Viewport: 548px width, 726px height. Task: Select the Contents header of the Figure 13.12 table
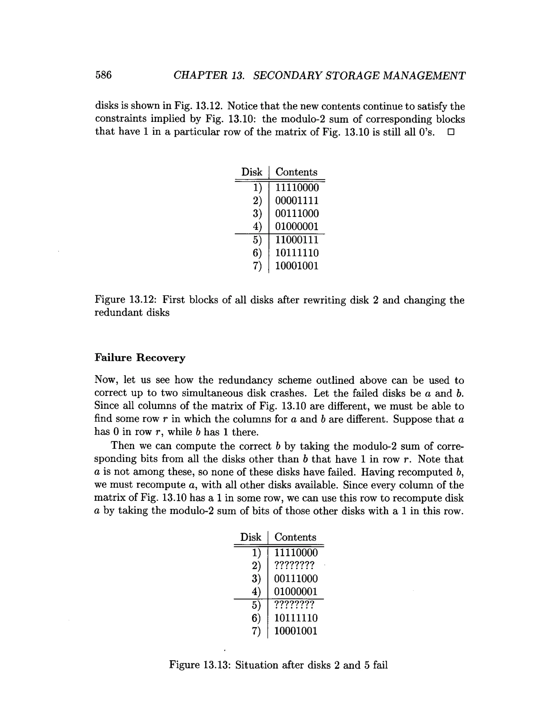pyautogui.click(x=296, y=172)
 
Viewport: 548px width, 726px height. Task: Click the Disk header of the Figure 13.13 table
pyautogui.click(x=251, y=537)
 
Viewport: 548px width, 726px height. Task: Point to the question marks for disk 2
pyautogui.click(x=294, y=565)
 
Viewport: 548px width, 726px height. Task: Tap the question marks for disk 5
pyautogui.click(x=294, y=605)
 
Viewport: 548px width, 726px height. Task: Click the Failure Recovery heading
pyautogui.click(x=140, y=358)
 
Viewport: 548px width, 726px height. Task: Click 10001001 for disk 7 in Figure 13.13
pyautogui.click(x=296, y=631)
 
